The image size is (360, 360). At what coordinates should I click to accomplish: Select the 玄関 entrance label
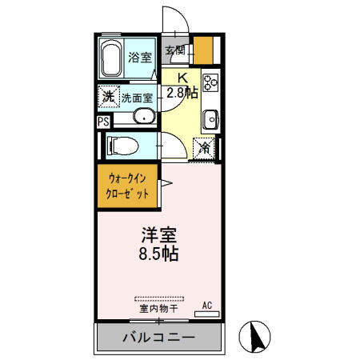tap(175, 50)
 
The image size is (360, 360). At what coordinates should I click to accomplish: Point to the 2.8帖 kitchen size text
tap(182, 92)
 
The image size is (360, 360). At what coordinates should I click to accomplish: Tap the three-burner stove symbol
tap(210, 82)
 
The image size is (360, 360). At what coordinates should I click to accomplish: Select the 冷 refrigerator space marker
tap(206, 148)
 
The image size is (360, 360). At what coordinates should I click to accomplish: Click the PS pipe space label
tap(103, 122)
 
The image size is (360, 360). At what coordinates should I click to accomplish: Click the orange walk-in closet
tap(128, 186)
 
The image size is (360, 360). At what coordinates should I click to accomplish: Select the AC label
tap(206, 304)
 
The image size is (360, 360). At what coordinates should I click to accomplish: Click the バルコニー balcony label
tap(158, 338)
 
